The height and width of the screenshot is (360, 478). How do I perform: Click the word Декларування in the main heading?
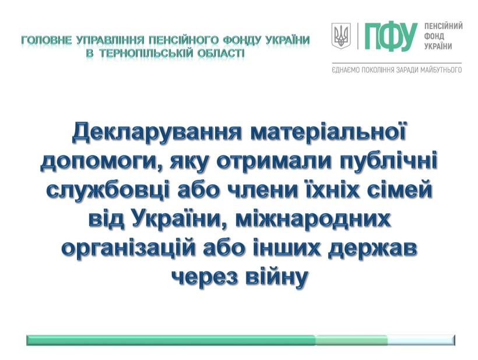pos(157,133)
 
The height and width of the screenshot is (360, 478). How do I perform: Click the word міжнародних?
pos(313,220)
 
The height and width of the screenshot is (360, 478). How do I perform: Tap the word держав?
pos(372,249)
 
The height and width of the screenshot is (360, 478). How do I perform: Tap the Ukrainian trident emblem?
pos(341,36)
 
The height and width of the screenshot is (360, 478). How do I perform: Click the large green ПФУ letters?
pos(391,36)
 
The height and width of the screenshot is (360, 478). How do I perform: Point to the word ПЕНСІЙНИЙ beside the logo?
pos(444,26)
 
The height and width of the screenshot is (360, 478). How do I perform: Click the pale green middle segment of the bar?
pos(352,340)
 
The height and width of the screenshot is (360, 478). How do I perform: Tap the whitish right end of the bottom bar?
pos(421,340)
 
